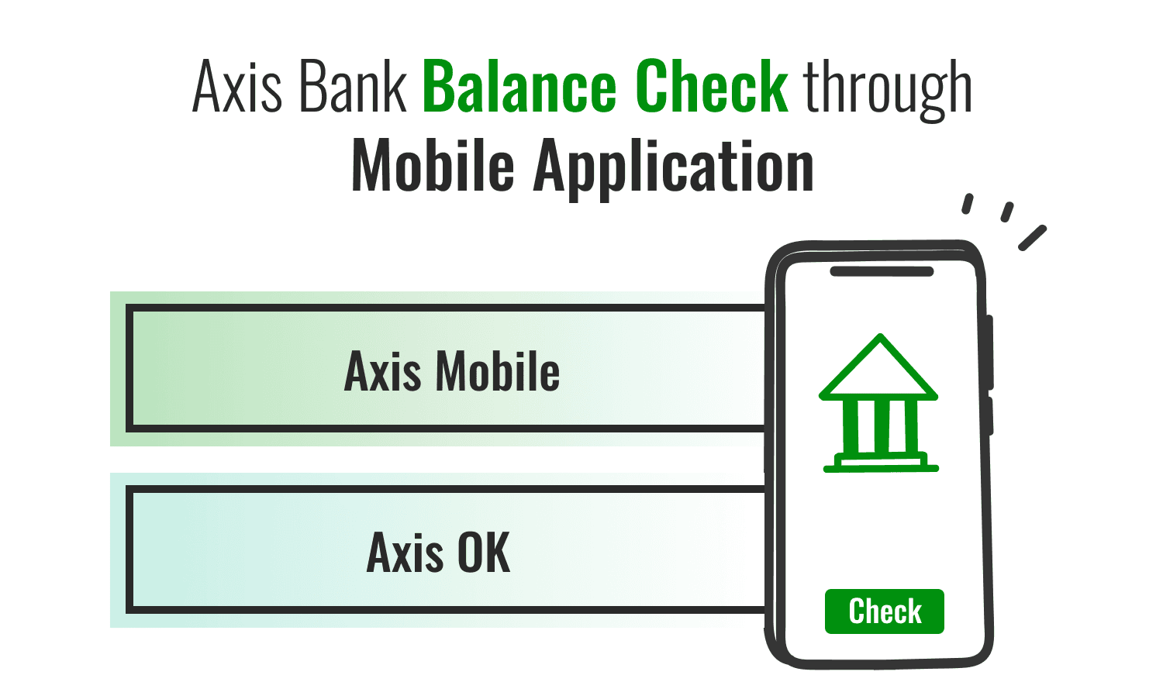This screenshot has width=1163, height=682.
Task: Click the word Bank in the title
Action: click(353, 87)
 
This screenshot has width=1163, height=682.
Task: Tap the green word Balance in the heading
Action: click(519, 87)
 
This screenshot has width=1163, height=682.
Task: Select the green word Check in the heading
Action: click(712, 87)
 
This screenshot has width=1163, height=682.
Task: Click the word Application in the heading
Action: click(674, 167)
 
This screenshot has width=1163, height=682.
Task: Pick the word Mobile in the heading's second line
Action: click(433, 166)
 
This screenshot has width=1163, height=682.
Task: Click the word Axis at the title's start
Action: click(237, 87)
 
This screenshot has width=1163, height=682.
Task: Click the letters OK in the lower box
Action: click(484, 553)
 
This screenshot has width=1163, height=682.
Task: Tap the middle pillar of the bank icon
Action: click(879, 427)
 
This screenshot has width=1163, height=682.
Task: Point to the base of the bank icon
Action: click(881, 465)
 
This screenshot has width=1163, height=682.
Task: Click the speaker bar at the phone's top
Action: click(882, 271)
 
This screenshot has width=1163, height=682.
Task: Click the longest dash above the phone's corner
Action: click(1032, 238)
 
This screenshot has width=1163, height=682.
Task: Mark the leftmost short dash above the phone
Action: click(967, 204)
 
